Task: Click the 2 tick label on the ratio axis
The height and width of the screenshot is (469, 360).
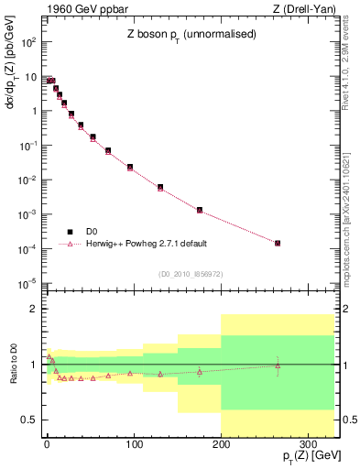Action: pyautogui.click(x=34, y=309)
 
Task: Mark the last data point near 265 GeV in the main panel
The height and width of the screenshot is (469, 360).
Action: pyautogui.click(x=278, y=243)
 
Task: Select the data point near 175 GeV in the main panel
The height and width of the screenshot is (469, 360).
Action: pyautogui.click(x=199, y=210)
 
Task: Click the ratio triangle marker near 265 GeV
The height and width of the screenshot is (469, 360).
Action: pyautogui.click(x=278, y=365)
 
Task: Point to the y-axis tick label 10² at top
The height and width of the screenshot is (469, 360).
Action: pyautogui.click(x=30, y=42)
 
